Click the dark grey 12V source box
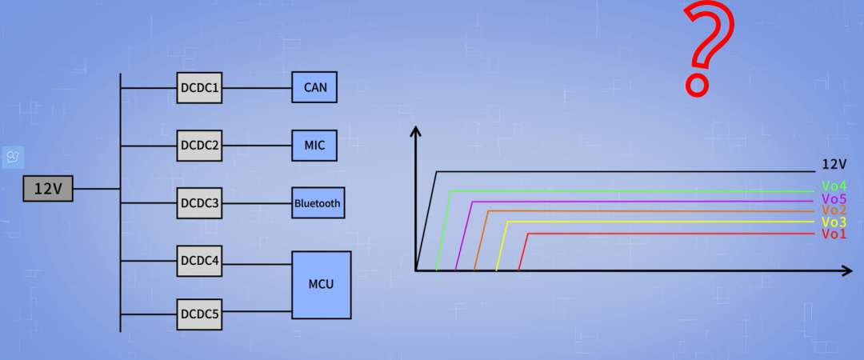[48, 189]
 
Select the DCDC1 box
[199, 88]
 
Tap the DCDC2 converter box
[199, 146]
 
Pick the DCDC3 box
[199, 203]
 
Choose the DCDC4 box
[199, 261]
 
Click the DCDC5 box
[199, 314]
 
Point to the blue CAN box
[314, 87]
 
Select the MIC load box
[314, 146]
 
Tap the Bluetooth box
[318, 203]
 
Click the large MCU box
[322, 285]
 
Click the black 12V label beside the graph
[834, 164]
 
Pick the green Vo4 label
[834, 186]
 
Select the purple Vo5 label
[834, 198]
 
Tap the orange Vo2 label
[834, 210]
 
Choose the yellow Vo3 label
[834, 222]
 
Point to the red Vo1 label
[834, 234]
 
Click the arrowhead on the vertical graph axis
[416, 130]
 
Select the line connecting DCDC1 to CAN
[257, 88]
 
